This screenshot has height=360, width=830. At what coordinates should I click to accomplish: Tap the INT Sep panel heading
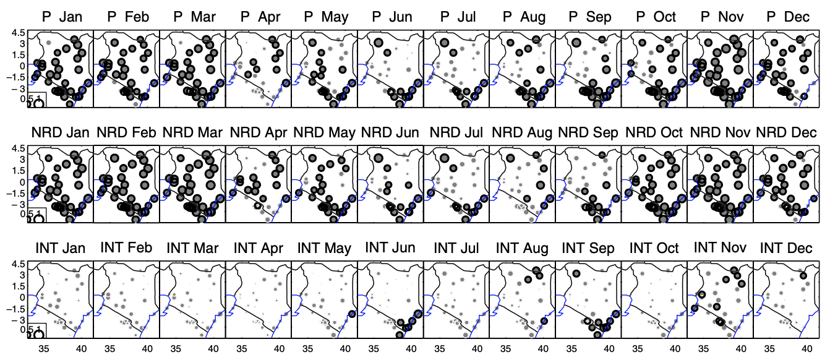[x=588, y=249]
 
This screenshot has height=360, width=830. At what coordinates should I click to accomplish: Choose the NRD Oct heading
[x=654, y=132]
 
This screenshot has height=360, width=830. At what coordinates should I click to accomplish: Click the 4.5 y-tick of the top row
[x=15, y=32]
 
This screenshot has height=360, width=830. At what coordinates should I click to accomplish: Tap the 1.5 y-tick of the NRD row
[x=15, y=171]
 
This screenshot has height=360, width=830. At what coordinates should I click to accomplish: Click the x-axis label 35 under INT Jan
[x=44, y=349]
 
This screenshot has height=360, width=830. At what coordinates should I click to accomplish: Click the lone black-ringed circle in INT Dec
[x=803, y=276]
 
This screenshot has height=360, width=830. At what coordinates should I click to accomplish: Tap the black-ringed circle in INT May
[x=352, y=314]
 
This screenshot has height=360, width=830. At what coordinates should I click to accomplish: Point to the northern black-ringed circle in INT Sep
[x=576, y=273]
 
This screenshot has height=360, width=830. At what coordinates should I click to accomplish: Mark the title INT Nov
[x=721, y=249]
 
